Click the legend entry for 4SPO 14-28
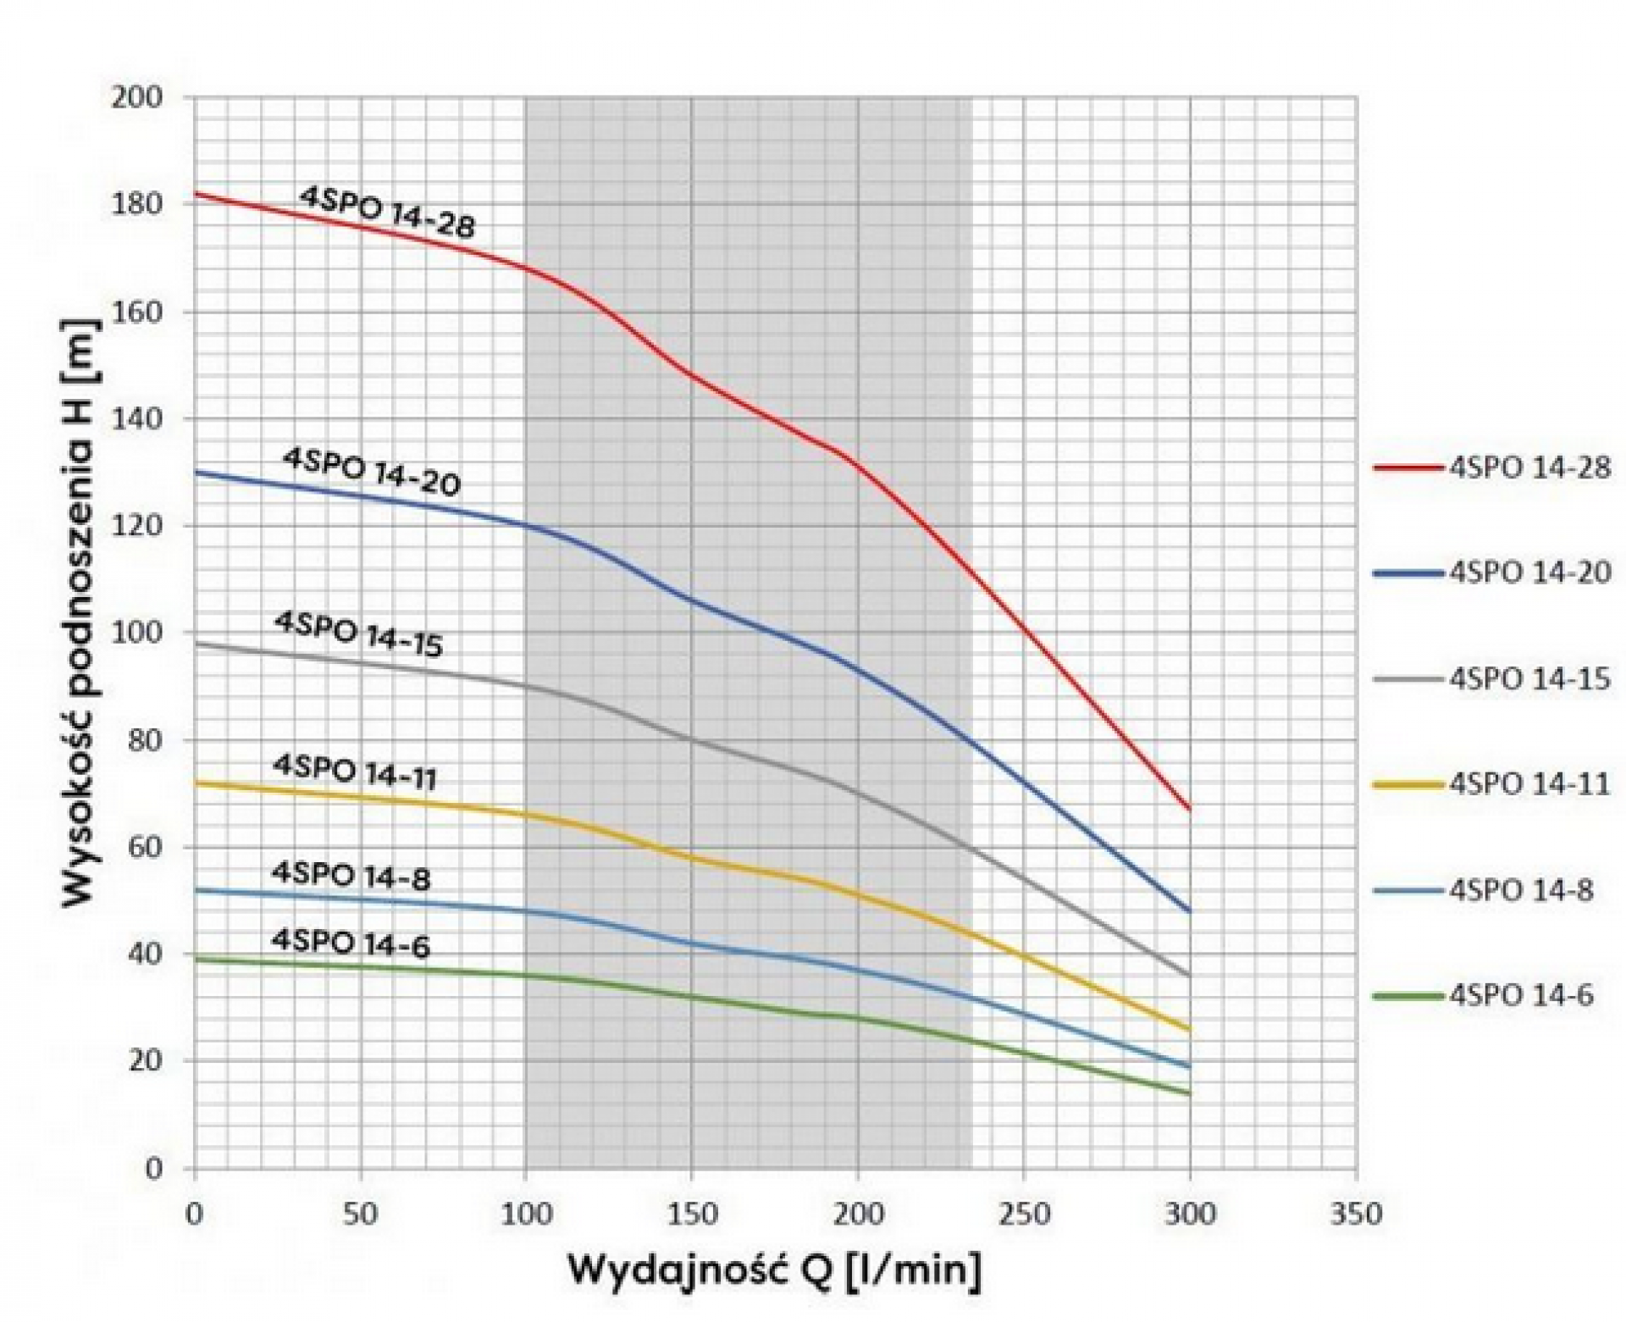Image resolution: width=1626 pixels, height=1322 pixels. [x=1491, y=467]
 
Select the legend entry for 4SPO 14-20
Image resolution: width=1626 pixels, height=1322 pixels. [x=1491, y=573]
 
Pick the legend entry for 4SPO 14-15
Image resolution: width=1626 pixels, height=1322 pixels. [x=1491, y=679]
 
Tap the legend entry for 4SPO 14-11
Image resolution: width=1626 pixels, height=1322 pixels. [x=1491, y=785]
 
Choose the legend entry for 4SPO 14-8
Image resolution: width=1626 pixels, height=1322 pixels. [x=1483, y=891]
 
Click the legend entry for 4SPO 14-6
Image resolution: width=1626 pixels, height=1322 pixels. [x=1483, y=996]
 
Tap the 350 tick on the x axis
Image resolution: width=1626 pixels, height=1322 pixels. [x=1356, y=1214]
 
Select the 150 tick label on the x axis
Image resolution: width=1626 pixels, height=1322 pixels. [x=692, y=1214]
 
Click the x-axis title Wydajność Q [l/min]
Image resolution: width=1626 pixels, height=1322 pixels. [x=775, y=1272]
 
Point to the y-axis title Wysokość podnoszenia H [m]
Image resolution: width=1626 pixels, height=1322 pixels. [x=81, y=615]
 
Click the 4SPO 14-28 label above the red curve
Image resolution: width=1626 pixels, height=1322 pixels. [x=388, y=213]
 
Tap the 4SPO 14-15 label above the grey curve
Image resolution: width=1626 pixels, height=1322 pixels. [x=358, y=634]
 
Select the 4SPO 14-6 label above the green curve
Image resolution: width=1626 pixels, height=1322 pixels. [x=351, y=943]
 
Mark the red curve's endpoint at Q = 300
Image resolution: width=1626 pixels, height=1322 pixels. [x=1190, y=810]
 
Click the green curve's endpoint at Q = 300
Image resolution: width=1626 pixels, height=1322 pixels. [x=1190, y=1094]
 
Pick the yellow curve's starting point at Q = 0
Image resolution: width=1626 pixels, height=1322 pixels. [x=196, y=783]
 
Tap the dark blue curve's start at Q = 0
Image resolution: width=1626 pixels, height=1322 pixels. [x=196, y=473]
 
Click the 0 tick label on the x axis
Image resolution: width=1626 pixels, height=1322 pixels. [x=196, y=1214]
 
